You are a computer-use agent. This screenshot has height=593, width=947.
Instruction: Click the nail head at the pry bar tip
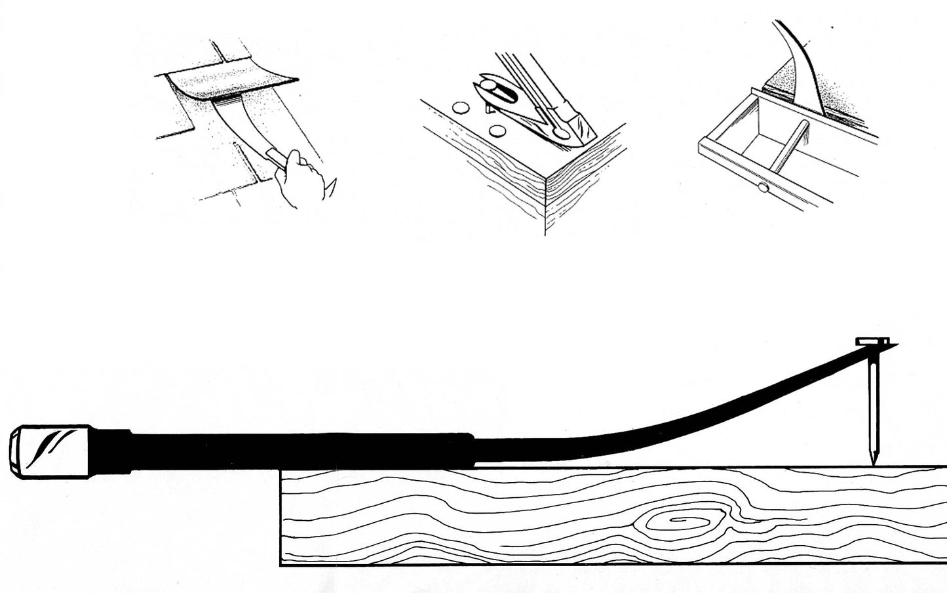(x=873, y=342)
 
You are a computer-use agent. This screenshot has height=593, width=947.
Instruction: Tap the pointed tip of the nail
(x=875, y=461)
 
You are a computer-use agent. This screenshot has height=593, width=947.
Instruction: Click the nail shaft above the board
(x=873, y=407)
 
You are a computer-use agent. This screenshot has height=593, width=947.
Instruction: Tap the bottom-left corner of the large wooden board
(x=281, y=563)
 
